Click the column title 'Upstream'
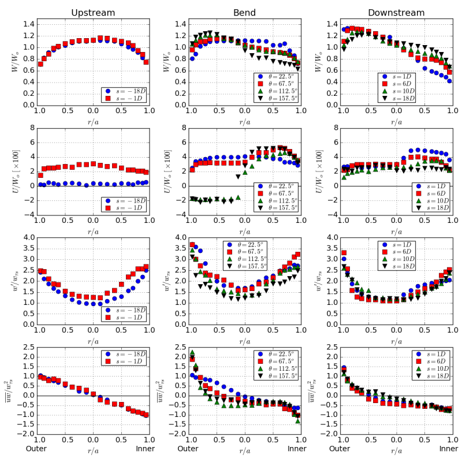tap(93, 12)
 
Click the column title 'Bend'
tap(244, 12)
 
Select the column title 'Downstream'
tap(396, 12)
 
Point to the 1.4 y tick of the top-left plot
tap(28, 24)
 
